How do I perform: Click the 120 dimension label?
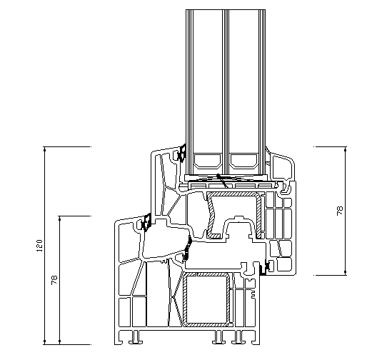pos(40,246)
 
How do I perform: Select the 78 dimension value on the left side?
pos(54,280)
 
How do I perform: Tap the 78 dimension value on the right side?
pos(340,211)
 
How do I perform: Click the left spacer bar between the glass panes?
pos(208,161)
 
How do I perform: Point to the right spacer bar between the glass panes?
pos(243,161)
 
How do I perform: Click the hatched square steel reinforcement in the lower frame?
pos(207,299)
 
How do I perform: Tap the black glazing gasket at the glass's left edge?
pos(182,153)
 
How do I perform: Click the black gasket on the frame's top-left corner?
pos(146,223)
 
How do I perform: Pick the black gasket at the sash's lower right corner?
pos(266,267)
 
